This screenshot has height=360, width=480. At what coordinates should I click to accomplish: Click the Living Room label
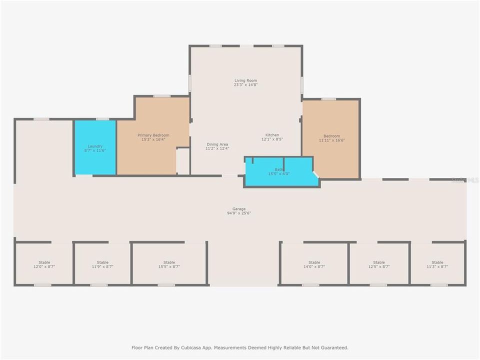click(245, 80)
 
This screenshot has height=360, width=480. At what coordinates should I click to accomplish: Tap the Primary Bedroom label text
click(153, 135)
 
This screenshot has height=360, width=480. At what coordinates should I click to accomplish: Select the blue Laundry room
click(95, 148)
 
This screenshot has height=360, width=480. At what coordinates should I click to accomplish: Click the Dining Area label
click(217, 144)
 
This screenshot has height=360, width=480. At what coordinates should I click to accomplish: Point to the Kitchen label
click(272, 135)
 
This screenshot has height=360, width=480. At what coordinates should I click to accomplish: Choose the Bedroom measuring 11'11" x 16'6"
click(331, 138)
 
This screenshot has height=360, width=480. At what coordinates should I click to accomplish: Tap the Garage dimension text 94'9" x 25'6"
click(239, 213)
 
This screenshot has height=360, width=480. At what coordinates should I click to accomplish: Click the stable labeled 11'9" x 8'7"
click(102, 264)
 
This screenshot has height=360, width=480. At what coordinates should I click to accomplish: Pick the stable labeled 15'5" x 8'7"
click(169, 264)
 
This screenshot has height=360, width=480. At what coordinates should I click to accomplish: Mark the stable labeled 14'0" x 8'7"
click(314, 264)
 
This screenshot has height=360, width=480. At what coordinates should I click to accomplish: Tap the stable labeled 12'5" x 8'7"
click(379, 264)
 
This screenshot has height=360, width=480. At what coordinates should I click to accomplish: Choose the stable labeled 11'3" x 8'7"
click(437, 264)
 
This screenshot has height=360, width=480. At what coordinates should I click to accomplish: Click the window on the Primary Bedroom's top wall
click(161, 96)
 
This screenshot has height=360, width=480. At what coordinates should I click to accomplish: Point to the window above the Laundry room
click(102, 119)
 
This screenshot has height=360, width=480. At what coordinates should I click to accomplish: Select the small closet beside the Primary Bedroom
click(183, 161)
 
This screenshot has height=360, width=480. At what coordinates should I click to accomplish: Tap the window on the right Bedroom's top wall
click(328, 99)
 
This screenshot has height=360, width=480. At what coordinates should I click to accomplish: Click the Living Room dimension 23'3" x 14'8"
click(245, 85)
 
